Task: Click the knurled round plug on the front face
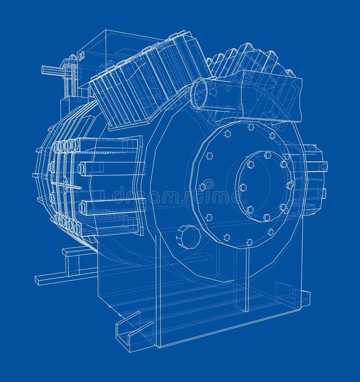188,236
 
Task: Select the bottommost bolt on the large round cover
249,243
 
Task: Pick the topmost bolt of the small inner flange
268,155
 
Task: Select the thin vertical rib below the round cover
247,279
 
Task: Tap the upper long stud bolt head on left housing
81,169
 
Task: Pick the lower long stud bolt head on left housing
82,207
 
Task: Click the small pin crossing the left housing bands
67,184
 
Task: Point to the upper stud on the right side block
323,166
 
